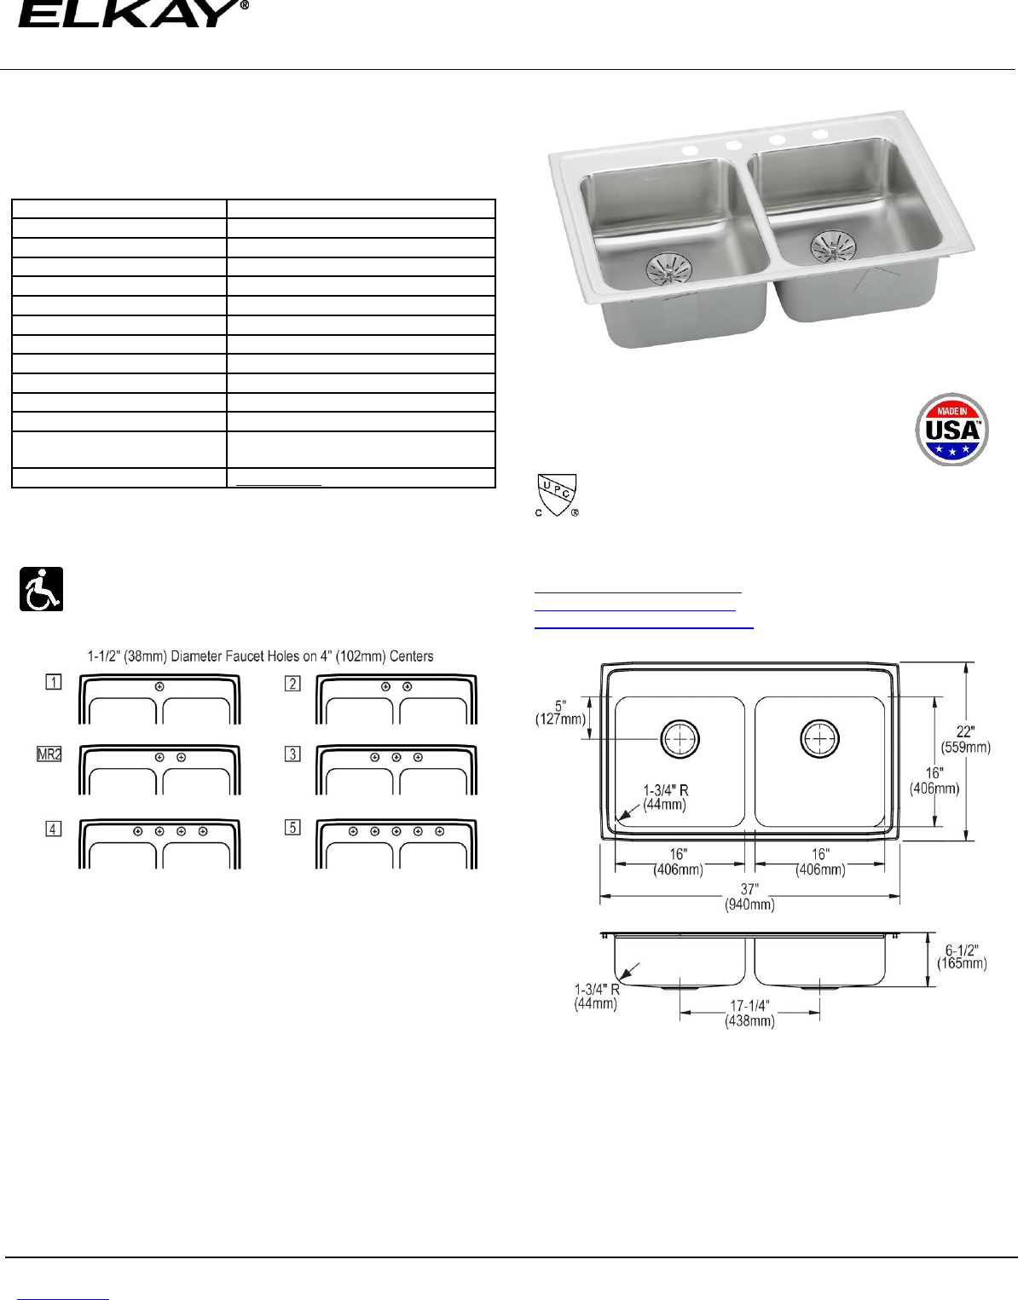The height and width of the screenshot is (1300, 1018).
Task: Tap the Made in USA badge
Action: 951,429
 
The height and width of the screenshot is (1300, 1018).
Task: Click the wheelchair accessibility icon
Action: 41,589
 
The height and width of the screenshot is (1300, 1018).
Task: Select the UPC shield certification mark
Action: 557,495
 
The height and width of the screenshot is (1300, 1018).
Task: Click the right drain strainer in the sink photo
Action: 833,246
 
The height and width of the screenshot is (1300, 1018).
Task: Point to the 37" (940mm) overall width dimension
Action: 749,897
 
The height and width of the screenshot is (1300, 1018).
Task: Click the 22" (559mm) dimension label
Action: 965,739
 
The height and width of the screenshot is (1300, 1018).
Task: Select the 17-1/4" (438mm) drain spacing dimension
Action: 749,1014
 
